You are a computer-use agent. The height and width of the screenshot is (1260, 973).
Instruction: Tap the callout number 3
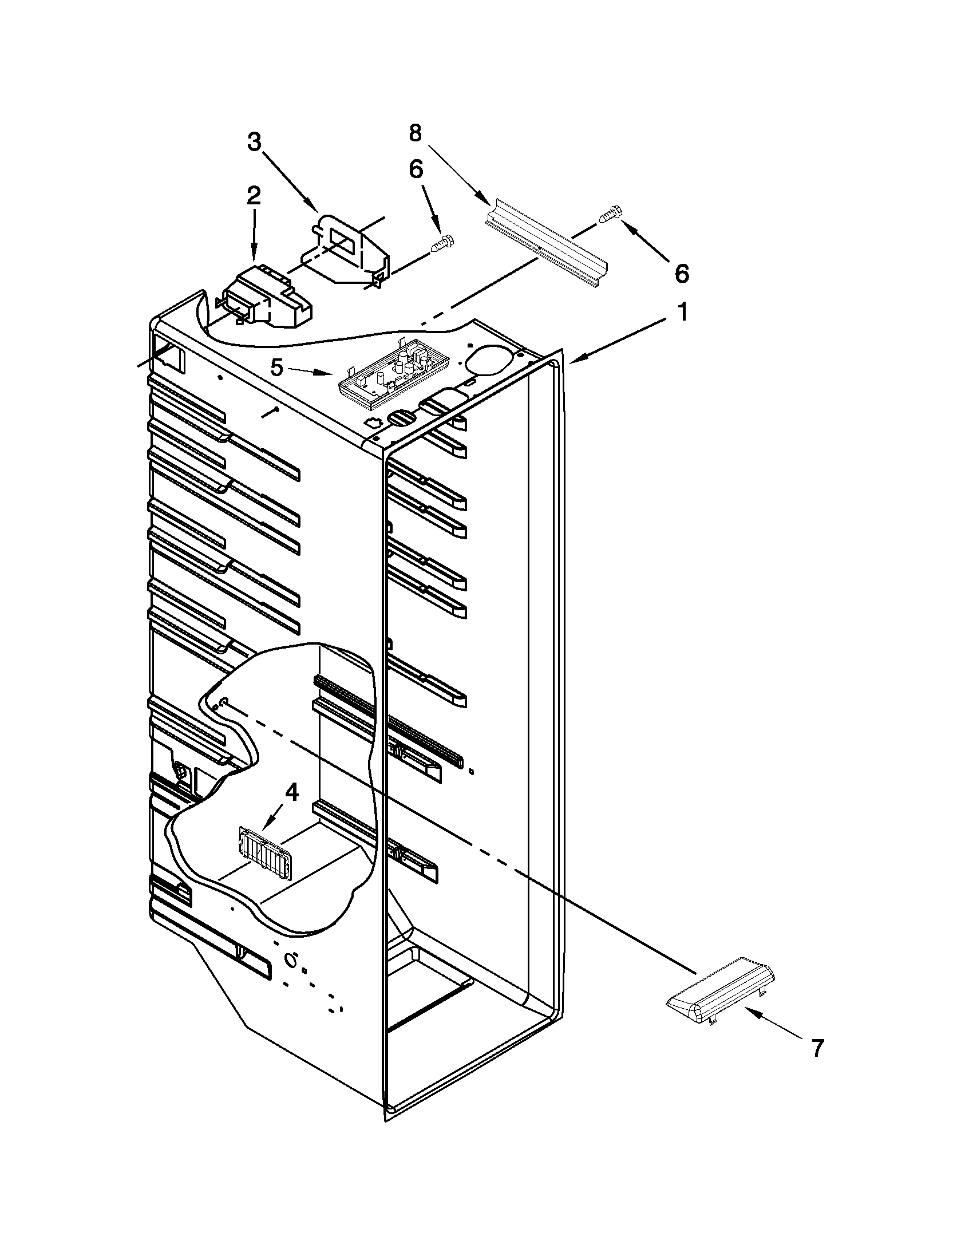click(x=254, y=141)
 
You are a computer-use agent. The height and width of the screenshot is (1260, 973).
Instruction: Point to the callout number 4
click(x=292, y=793)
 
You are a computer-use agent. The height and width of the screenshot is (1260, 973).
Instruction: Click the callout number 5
click(x=278, y=367)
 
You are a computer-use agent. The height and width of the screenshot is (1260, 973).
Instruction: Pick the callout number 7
click(x=816, y=1048)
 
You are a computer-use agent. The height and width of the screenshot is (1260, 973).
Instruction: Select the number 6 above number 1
click(x=681, y=274)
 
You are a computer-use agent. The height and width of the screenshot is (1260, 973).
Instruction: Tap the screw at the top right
click(x=609, y=215)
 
